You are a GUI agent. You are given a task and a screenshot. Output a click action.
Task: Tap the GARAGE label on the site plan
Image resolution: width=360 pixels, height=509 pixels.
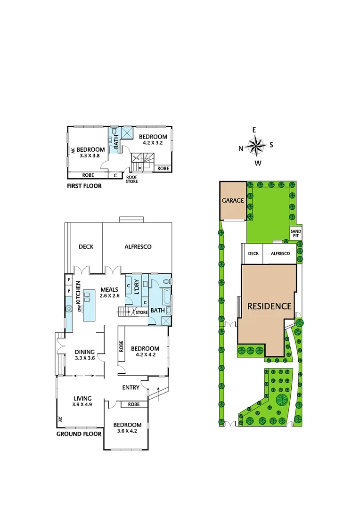(x=233, y=200)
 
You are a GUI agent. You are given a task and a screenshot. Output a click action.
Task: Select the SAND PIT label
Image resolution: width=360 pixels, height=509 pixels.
(x=295, y=233)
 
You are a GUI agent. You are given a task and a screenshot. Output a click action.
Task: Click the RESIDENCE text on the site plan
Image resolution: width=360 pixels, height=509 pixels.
(x=270, y=306)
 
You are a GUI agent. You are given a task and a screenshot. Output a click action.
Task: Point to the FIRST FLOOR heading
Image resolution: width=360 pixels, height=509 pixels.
(x=85, y=186)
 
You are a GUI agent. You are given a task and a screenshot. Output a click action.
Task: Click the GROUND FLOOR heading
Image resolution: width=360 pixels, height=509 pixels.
(x=79, y=434)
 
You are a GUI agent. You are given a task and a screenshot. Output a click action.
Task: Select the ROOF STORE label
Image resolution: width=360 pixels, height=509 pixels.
(x=132, y=180)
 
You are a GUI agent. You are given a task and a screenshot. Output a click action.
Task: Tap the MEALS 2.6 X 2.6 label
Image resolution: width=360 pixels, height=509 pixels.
(x=109, y=293)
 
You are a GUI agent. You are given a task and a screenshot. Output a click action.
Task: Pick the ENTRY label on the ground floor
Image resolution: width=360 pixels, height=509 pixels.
(x=131, y=387)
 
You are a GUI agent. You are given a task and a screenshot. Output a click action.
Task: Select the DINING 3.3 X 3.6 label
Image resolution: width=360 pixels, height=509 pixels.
(x=85, y=355)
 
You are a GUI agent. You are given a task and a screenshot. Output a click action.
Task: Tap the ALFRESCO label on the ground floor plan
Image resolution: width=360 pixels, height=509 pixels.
(x=138, y=246)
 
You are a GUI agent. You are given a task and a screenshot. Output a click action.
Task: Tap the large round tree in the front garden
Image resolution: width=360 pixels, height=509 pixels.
(x=282, y=400)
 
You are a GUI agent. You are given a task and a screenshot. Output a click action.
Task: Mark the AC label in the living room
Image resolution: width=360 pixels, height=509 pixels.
(x=60, y=419)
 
